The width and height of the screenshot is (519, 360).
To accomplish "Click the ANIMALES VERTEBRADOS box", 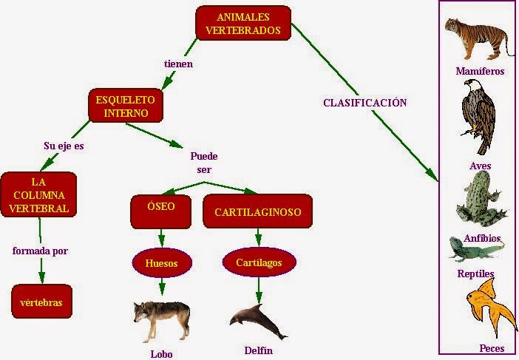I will click(243, 24).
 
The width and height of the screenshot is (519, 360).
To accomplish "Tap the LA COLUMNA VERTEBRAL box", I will click(38, 194).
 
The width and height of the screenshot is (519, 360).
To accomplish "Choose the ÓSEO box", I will click(161, 211).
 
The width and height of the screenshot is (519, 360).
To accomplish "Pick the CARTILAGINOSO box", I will click(257, 212).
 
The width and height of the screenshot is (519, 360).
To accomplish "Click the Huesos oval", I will click(162, 262).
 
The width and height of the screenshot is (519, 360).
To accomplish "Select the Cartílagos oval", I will click(259, 262).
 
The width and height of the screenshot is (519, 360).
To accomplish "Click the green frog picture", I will click(481, 200).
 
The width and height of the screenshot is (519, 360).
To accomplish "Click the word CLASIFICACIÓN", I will click(365, 103).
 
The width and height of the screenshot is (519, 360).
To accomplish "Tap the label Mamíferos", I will click(481, 72).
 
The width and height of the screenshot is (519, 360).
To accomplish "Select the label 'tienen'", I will click(178, 64).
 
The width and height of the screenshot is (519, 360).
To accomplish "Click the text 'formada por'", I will click(40, 251).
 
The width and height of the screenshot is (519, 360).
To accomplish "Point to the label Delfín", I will click(258, 350).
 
